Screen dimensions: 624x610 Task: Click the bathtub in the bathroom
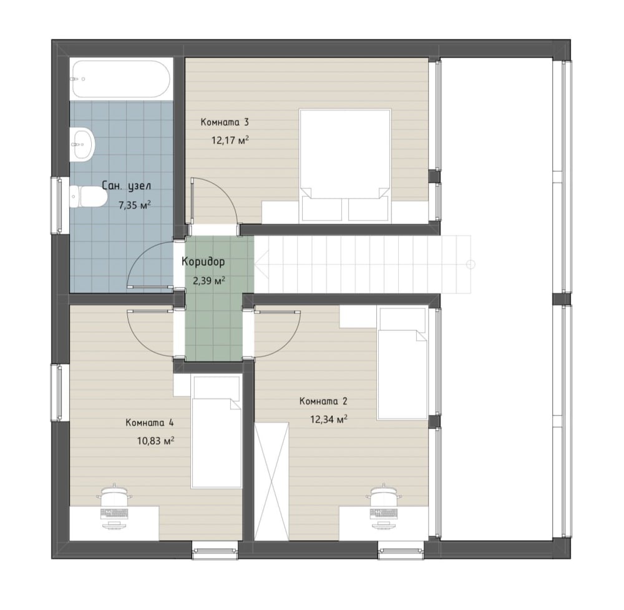[121, 79]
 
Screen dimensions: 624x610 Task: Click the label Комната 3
[225, 122]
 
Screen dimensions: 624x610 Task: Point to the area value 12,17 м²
[230, 140]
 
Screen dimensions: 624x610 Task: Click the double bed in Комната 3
[345, 165]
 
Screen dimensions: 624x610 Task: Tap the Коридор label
[203, 262]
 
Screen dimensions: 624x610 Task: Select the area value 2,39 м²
[209, 281]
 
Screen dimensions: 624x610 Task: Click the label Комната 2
[323, 401]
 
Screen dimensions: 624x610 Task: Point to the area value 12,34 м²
[329, 420]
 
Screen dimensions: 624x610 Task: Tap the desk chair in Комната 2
[384, 497]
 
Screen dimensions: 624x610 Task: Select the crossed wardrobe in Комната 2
[272, 482]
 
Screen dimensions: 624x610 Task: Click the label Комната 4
[149, 423]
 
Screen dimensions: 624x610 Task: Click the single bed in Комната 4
[217, 431]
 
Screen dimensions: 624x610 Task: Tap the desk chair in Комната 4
[114, 497]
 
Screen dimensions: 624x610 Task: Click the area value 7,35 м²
[135, 205]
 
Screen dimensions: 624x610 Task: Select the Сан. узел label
[126, 186]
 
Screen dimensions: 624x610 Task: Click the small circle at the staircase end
[470, 263]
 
